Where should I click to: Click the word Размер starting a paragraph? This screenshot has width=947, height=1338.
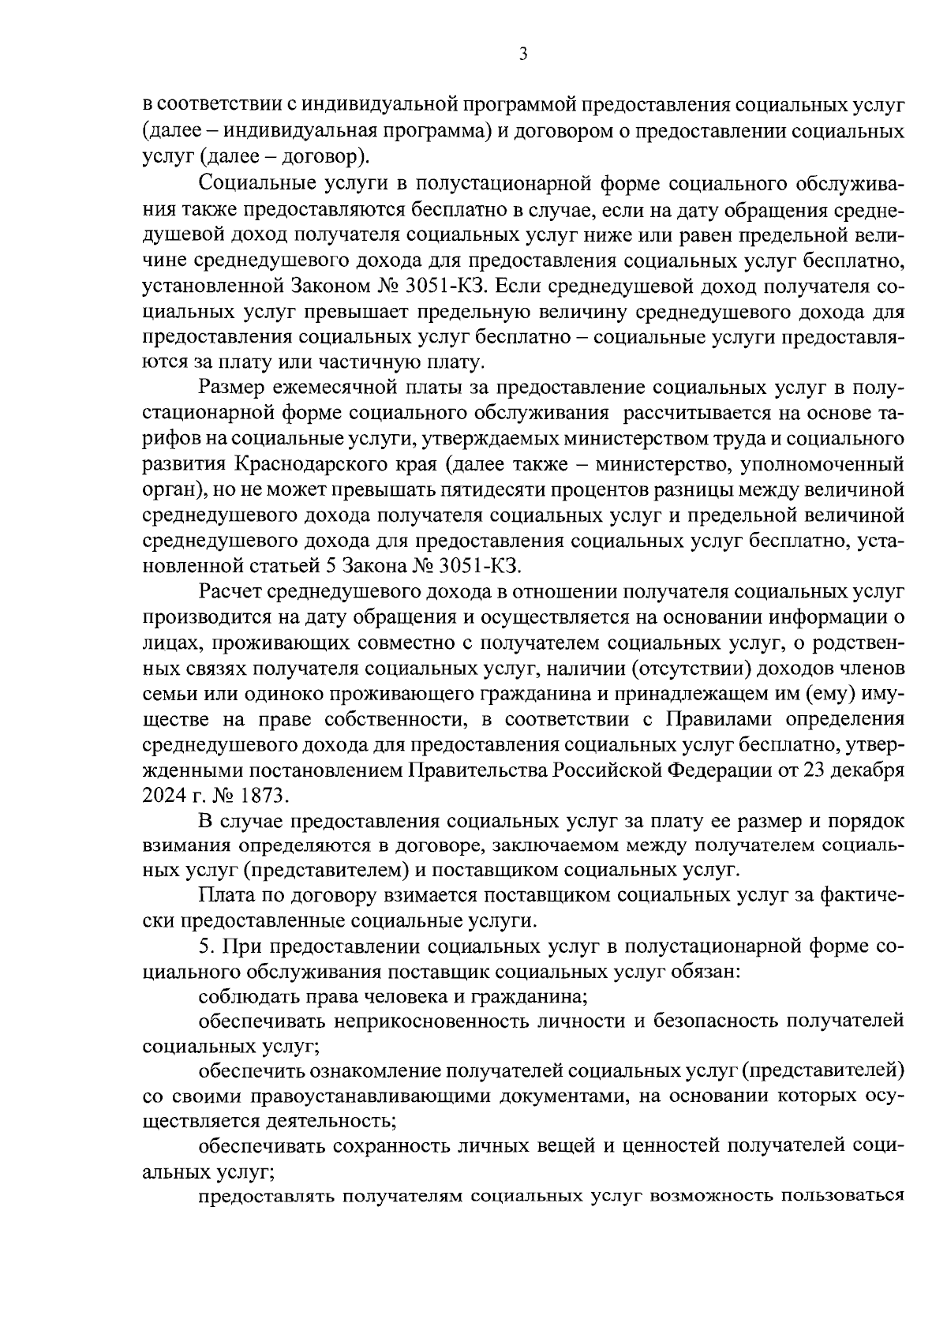pyautogui.click(x=230, y=387)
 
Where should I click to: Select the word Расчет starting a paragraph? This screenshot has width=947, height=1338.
pyautogui.click(x=229, y=591)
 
